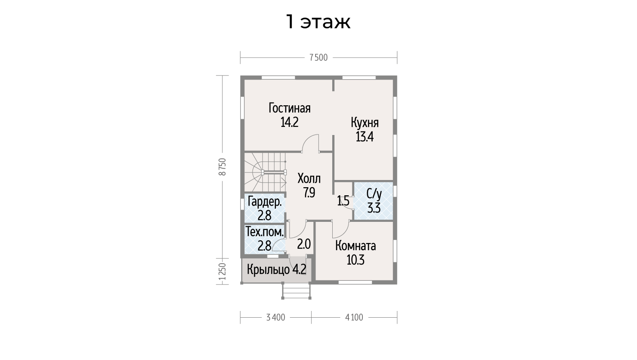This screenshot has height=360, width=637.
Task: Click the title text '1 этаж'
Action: click(318, 22)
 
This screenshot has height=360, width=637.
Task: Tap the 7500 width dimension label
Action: click(319, 58)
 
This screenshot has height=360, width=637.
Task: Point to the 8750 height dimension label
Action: click(222, 167)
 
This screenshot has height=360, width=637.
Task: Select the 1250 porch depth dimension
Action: click(222, 271)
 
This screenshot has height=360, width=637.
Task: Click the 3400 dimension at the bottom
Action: click(276, 317)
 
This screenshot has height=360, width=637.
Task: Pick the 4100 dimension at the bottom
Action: click(354, 317)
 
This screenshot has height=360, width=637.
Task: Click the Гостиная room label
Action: click(289, 108)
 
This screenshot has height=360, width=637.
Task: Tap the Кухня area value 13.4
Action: click(365, 137)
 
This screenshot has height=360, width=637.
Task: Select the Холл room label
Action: click(309, 179)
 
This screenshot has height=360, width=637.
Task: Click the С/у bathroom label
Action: click(374, 194)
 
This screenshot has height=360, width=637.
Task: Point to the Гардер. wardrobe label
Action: click(265, 202)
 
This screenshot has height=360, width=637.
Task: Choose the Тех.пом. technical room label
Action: click(265, 232)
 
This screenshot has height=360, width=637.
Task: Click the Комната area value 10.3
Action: click(356, 260)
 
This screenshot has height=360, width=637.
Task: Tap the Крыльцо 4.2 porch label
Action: click(276, 269)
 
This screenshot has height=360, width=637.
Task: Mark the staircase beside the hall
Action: click(265, 172)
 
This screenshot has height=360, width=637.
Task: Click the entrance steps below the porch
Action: click(296, 290)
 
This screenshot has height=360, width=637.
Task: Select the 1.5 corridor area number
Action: click(343, 201)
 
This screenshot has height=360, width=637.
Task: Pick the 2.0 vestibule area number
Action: click(304, 244)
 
